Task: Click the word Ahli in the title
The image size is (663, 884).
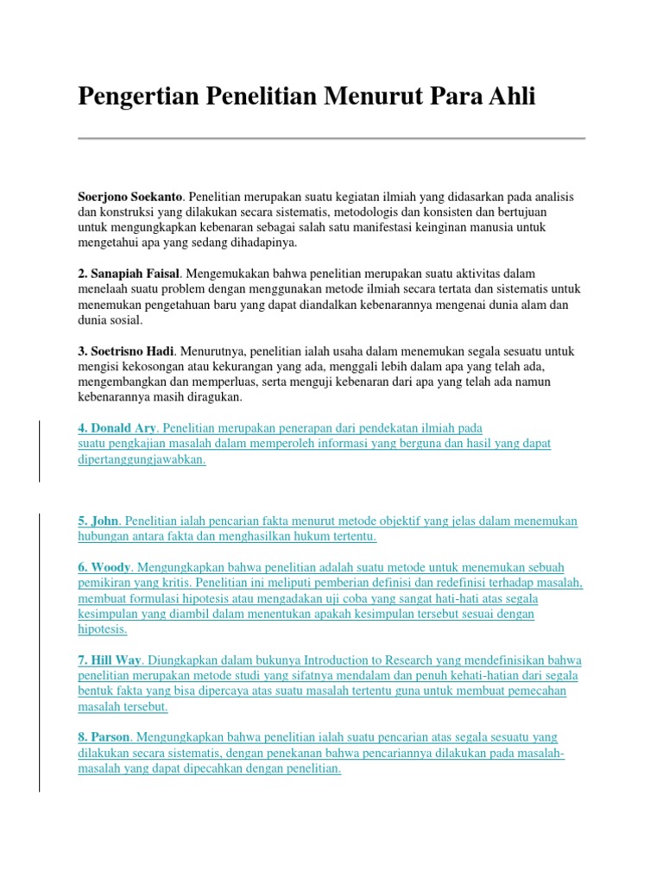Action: [x=511, y=97]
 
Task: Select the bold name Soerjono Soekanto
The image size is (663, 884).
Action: [x=129, y=197]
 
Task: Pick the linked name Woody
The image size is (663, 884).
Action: [x=110, y=567]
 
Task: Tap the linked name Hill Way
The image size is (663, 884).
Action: [x=116, y=660]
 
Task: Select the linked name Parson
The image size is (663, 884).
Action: [x=110, y=737]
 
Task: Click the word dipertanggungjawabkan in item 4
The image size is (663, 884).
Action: [x=142, y=459]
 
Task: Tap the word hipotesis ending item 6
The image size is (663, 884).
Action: [x=101, y=629]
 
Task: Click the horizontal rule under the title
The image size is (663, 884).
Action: [x=331, y=138]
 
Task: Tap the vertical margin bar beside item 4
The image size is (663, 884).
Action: [x=39, y=451]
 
